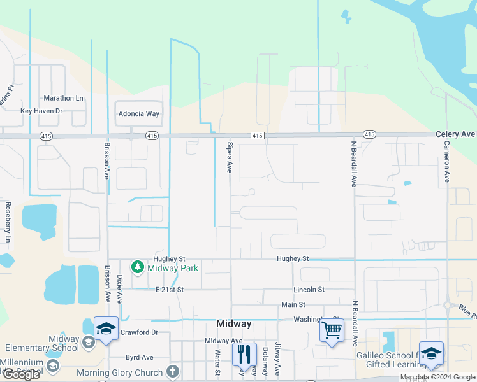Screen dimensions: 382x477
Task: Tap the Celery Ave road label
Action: pyautogui.click(x=455, y=134)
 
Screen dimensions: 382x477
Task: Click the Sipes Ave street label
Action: pyautogui.click(x=229, y=157)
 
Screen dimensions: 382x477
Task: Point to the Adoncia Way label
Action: pyautogui.click(x=138, y=114)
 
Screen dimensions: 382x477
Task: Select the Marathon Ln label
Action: pyautogui.click(x=63, y=99)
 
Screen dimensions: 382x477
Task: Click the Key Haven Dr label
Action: pyautogui.click(x=41, y=111)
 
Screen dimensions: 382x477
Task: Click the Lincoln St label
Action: pyautogui.click(x=309, y=290)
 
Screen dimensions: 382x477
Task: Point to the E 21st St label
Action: pyautogui.click(x=170, y=290)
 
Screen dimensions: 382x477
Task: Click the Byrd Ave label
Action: pyautogui.click(x=140, y=357)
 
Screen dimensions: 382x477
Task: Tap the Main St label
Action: pyautogui.click(x=294, y=305)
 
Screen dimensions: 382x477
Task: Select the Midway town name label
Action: pyautogui.click(x=234, y=323)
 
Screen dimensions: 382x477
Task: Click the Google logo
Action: pyautogui.click(x=21, y=375)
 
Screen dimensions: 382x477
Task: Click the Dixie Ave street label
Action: pyautogui.click(x=120, y=288)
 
